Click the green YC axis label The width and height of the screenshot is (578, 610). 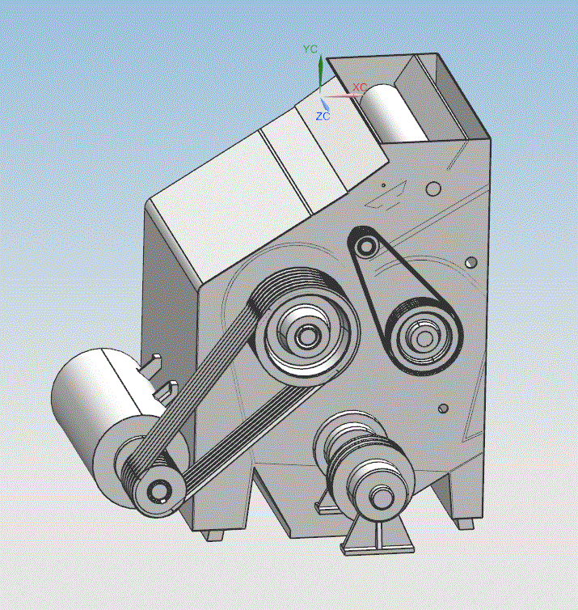pyautogui.click(x=310, y=49)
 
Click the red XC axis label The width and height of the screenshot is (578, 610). pyautogui.click(x=360, y=87)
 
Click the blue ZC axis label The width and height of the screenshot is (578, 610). pyautogui.click(x=323, y=116)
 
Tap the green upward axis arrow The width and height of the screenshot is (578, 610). pyautogui.click(x=320, y=74)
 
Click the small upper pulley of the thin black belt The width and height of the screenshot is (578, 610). pyautogui.click(x=365, y=246)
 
